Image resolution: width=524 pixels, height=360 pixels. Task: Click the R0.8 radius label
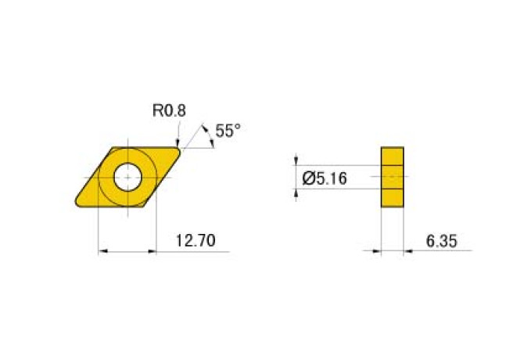click(169, 110)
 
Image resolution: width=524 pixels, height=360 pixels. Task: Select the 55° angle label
click(228, 131)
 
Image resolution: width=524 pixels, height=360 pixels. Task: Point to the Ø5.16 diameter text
click(324, 178)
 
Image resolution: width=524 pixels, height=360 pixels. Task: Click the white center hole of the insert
click(127, 177)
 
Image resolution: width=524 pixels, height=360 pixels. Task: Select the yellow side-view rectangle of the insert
click(393, 177)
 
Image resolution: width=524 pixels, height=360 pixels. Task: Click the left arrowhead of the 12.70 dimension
click(102, 251)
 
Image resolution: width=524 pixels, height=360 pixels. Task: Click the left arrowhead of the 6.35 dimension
click(376, 251)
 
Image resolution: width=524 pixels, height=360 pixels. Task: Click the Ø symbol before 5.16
click(307, 178)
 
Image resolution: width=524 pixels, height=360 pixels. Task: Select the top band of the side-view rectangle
click(393, 156)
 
